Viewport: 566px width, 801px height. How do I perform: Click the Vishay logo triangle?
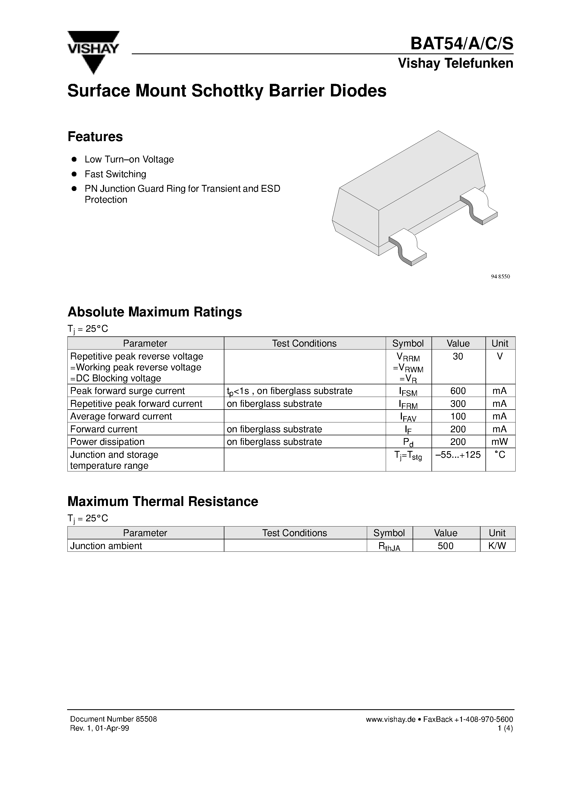point(93,52)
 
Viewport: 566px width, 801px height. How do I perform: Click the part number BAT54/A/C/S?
point(461,44)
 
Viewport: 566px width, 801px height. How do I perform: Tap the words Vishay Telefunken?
point(455,64)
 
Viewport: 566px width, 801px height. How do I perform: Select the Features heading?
point(95,137)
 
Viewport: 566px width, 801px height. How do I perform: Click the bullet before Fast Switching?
point(74,174)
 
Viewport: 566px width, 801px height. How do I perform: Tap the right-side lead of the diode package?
point(479,206)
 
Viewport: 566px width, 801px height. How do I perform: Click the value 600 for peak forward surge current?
point(458,391)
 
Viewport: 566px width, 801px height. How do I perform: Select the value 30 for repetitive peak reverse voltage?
point(458,356)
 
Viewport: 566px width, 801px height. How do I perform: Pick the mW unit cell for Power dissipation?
point(500,442)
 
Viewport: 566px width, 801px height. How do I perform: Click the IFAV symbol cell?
point(408,417)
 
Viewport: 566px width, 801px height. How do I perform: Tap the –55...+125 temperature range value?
point(458,454)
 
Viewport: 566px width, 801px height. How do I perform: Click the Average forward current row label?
point(121,416)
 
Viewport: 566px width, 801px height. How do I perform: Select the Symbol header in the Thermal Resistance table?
point(389,533)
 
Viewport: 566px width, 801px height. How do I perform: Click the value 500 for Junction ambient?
point(446,546)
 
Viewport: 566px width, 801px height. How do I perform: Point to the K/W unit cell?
point(497,546)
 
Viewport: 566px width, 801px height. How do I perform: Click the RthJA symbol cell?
point(389,546)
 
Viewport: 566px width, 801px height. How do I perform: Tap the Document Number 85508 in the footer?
point(113,719)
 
